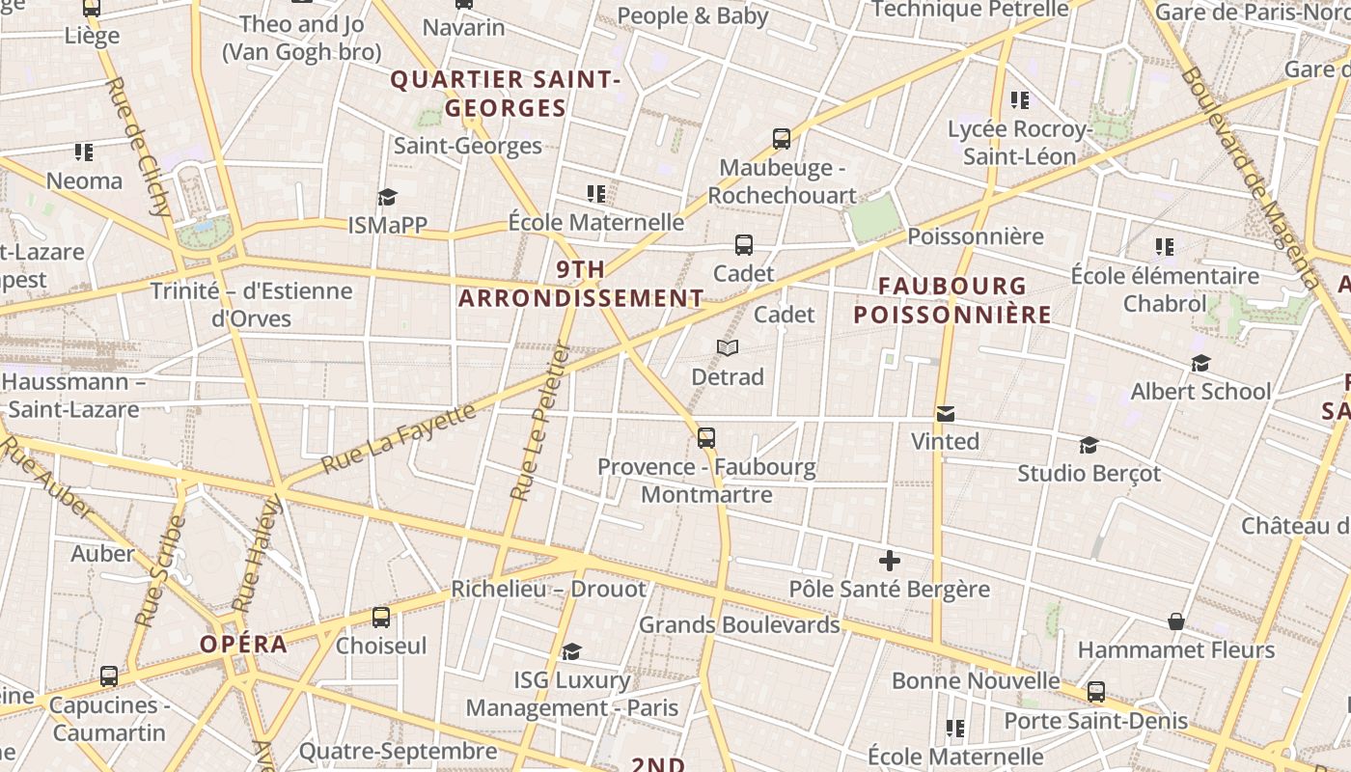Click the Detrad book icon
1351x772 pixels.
(x=728, y=347)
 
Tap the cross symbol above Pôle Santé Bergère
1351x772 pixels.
(x=890, y=560)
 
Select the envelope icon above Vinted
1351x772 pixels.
(x=946, y=414)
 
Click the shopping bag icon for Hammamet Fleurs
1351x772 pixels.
(x=1176, y=621)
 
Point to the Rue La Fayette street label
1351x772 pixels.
(x=399, y=438)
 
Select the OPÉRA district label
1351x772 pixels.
(x=244, y=645)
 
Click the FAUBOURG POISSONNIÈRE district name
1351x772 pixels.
(x=952, y=300)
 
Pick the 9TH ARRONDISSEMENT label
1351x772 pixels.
(x=581, y=284)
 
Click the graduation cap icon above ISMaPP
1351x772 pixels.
(x=387, y=197)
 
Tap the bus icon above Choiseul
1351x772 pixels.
(x=381, y=617)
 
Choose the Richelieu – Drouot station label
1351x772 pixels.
(x=548, y=589)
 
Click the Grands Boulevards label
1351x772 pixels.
(x=739, y=624)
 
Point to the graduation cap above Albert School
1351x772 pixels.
(x=1200, y=363)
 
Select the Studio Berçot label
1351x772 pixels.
(x=1089, y=474)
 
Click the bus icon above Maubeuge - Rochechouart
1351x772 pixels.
(x=782, y=139)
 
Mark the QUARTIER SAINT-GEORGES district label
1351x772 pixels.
(x=505, y=94)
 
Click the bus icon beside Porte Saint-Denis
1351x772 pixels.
(x=1096, y=691)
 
